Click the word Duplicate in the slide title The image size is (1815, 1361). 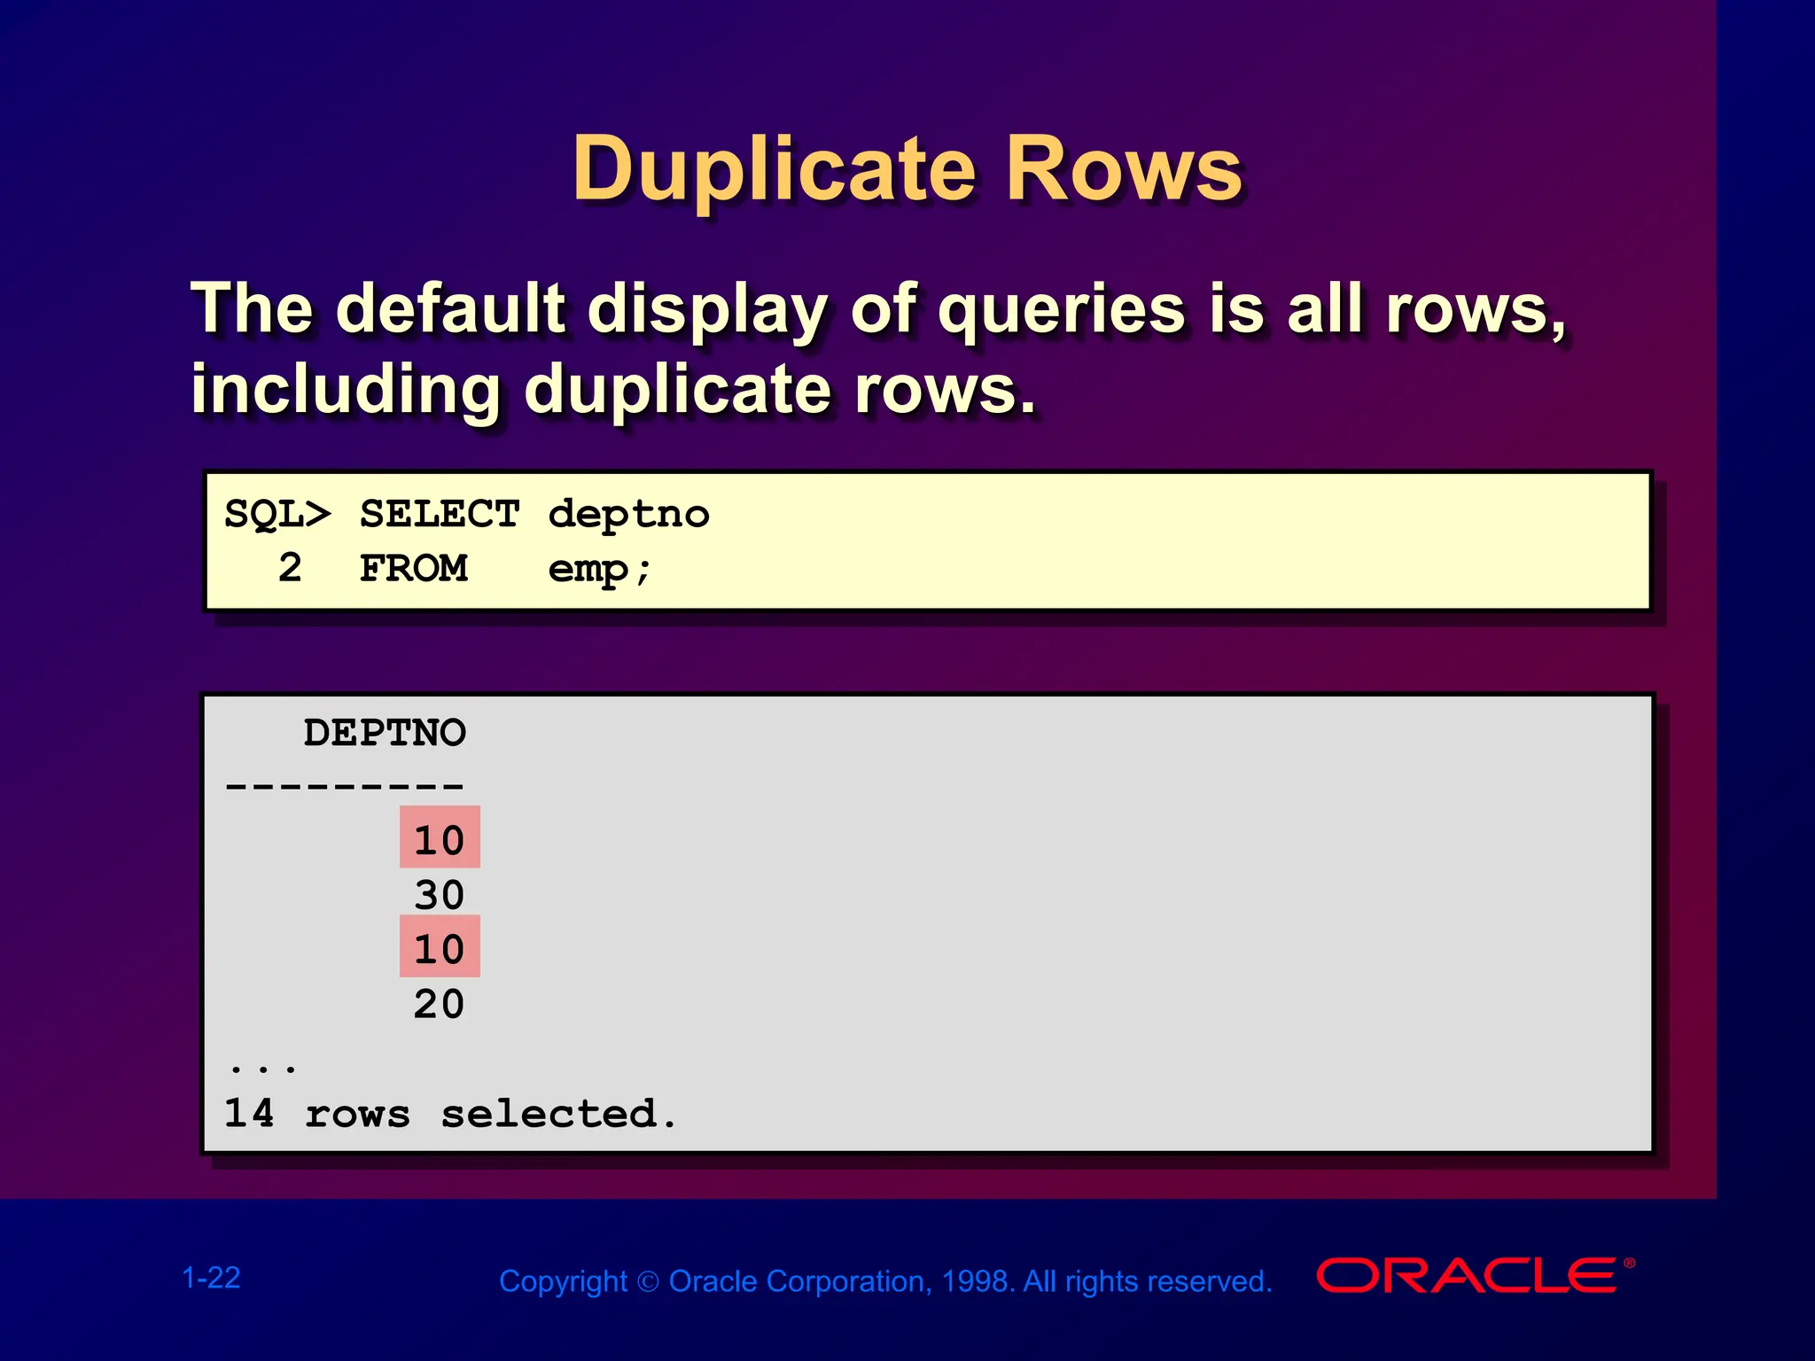(x=774, y=169)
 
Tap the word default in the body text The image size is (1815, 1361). (x=450, y=309)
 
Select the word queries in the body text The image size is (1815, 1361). (x=1061, y=309)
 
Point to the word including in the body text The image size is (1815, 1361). (x=346, y=389)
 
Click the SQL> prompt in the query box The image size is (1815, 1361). (x=277, y=515)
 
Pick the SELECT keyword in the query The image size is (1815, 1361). (x=440, y=515)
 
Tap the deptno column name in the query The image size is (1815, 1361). (x=628, y=515)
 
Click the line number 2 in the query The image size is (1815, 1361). (x=290, y=568)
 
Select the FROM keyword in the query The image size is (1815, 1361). (x=413, y=568)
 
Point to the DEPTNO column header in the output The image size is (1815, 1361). (x=385, y=733)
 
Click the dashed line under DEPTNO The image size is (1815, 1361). (x=345, y=786)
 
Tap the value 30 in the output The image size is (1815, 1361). (x=439, y=895)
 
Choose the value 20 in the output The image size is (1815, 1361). (x=439, y=1004)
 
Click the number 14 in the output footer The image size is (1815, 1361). (x=249, y=1114)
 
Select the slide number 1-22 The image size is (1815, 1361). (x=211, y=1278)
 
